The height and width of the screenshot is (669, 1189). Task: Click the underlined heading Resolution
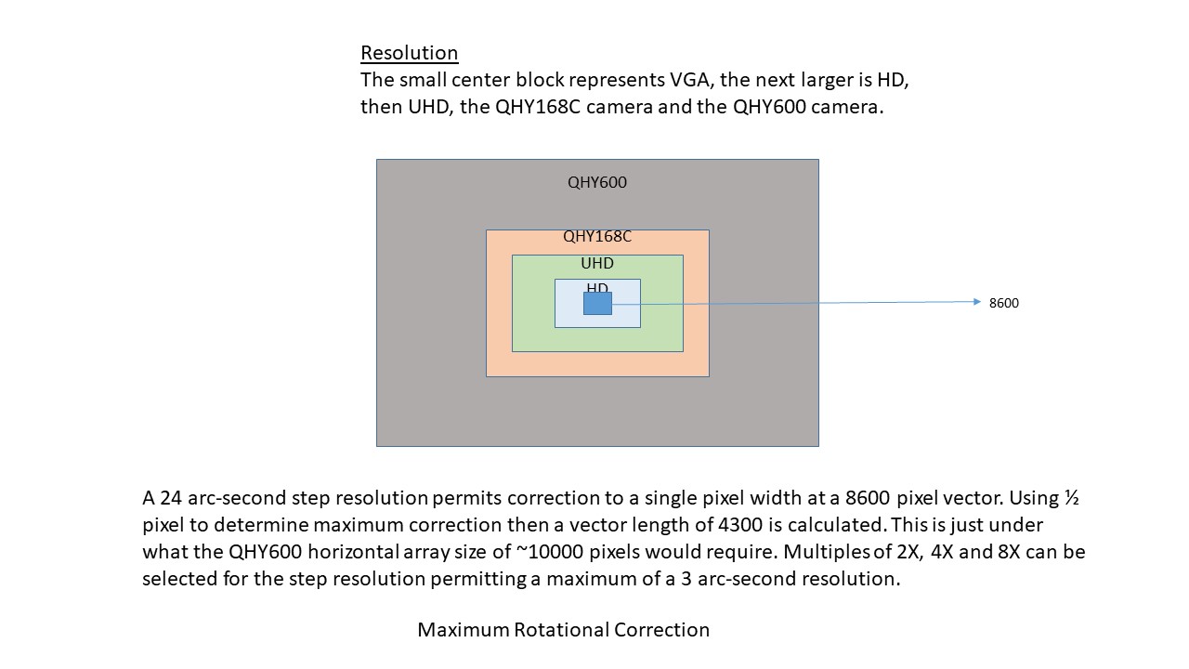tap(410, 53)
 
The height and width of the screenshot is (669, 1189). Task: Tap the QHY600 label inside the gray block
tap(597, 182)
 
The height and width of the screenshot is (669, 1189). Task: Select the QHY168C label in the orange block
tap(597, 236)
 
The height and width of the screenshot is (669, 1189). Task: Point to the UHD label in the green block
tap(597, 263)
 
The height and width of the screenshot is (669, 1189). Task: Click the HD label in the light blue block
tap(597, 287)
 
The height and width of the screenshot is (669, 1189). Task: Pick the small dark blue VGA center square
tap(597, 303)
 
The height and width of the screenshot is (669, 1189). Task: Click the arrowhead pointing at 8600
tap(977, 302)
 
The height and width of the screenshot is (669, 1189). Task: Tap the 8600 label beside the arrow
tap(1004, 303)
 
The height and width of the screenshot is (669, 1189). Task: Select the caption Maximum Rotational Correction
tap(563, 630)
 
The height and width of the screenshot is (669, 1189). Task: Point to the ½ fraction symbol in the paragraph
tap(1071, 497)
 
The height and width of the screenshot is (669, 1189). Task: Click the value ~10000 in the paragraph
tap(550, 552)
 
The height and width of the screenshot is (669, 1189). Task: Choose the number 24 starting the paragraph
tap(171, 497)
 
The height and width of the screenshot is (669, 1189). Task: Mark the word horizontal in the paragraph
tap(353, 552)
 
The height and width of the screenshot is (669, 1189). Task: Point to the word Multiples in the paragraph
tap(826, 552)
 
